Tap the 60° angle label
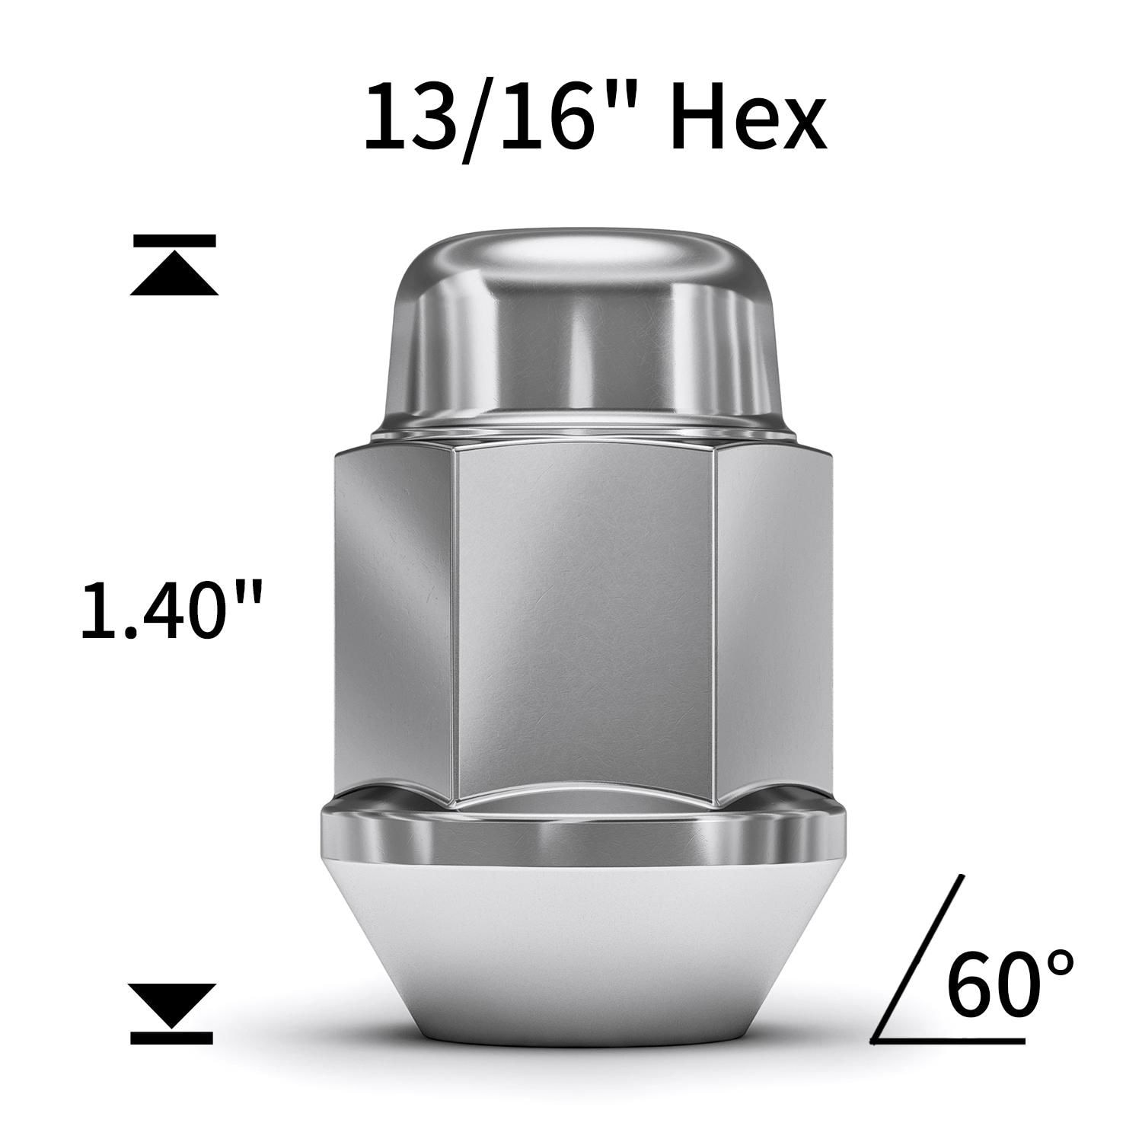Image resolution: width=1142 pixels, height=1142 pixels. [1009, 984]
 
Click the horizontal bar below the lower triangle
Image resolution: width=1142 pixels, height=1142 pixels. [171, 1036]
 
